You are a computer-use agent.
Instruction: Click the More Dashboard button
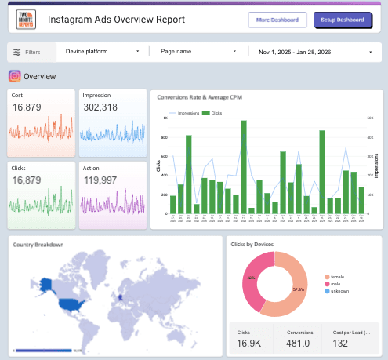(x=277, y=20)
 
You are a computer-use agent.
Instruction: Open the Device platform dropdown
(x=103, y=51)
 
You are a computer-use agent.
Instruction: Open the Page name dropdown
(x=198, y=51)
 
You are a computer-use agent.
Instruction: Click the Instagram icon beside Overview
(x=14, y=76)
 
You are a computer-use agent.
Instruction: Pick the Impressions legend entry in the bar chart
(x=186, y=114)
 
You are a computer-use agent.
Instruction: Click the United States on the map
(x=71, y=301)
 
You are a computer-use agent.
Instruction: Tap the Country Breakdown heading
(x=38, y=245)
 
